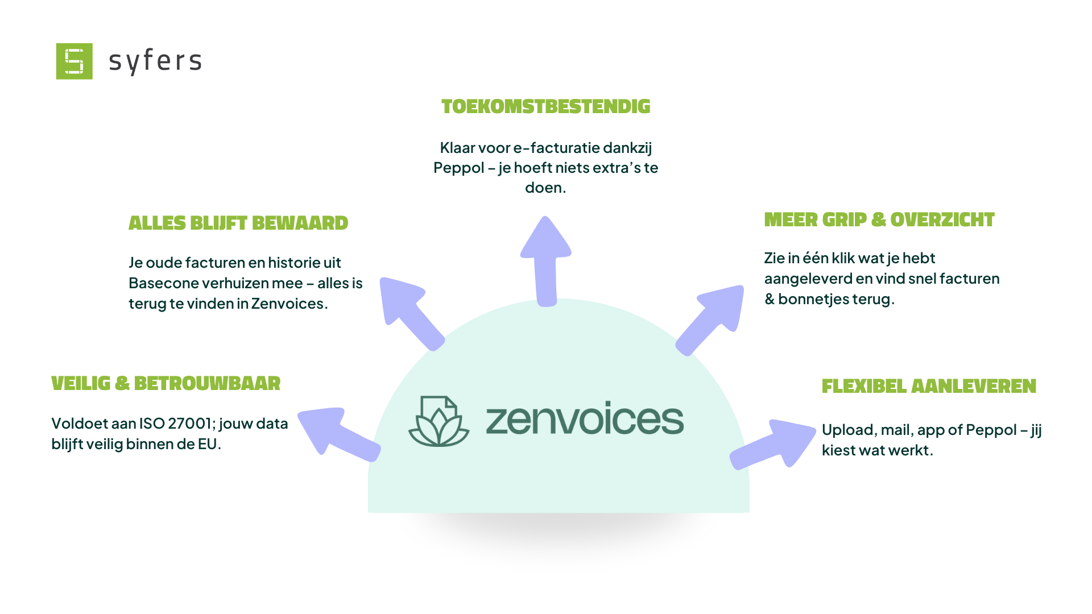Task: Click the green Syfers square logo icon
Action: [x=74, y=61]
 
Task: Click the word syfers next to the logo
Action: [x=155, y=61]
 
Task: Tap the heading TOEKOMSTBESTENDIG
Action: [x=545, y=106]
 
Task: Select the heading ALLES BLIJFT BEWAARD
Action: [x=238, y=223]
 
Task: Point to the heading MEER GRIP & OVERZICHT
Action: [x=879, y=219]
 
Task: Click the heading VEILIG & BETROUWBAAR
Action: [x=166, y=383]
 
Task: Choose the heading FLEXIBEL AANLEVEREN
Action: [x=929, y=386]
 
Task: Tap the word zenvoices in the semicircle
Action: [x=585, y=420]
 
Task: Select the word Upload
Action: [x=848, y=430]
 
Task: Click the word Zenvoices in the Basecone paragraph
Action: [x=287, y=304]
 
